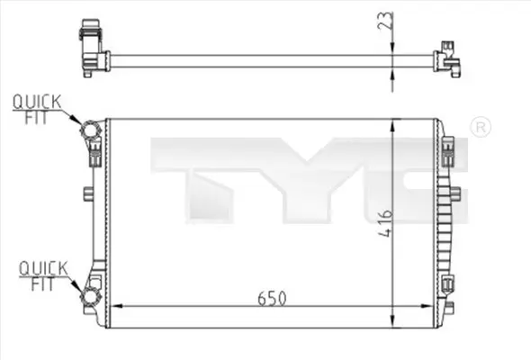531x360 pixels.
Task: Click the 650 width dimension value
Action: click(272, 298)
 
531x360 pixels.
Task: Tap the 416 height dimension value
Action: click(385, 223)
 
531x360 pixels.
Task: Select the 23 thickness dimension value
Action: click(386, 21)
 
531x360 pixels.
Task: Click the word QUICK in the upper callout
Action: click(37, 102)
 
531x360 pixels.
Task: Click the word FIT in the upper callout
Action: click(36, 118)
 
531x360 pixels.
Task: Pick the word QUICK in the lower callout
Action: click(43, 268)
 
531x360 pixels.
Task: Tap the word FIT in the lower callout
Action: click(42, 283)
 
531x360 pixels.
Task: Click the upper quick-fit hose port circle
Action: click(90, 130)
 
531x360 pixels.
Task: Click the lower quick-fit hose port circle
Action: click(91, 296)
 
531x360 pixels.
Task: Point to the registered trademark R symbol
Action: click(481, 127)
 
